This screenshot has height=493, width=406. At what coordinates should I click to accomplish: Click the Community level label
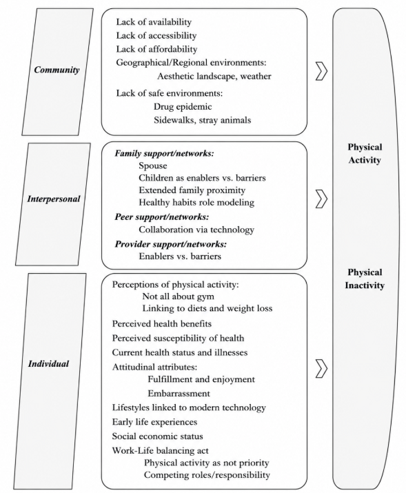[x=57, y=70]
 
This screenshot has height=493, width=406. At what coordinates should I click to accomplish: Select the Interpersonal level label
[x=54, y=199]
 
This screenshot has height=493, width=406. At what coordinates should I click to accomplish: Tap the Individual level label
[x=49, y=364]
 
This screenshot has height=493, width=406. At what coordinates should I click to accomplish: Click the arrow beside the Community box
[x=321, y=72]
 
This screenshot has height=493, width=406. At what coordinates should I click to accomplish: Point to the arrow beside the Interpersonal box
[x=321, y=199]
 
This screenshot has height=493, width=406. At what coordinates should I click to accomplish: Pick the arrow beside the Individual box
[x=321, y=368]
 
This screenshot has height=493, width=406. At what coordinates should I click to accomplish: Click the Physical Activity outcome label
[x=365, y=154]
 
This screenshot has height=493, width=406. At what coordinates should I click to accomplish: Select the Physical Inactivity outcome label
[x=365, y=279]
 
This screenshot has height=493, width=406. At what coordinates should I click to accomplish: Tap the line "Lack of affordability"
[x=156, y=49]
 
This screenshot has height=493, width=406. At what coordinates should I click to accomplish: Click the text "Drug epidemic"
[x=183, y=107]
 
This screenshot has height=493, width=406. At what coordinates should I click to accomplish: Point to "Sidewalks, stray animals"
[x=203, y=120]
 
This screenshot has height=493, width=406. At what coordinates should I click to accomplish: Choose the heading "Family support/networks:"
[x=164, y=154]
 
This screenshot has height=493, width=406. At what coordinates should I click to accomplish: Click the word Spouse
[x=153, y=165]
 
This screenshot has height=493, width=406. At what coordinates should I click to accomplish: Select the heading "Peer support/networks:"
[x=162, y=217]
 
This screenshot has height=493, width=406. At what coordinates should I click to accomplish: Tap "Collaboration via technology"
[x=196, y=230]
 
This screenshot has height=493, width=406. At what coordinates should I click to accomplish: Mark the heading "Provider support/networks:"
[x=171, y=244]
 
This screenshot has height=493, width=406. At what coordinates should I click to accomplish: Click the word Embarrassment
[x=179, y=393]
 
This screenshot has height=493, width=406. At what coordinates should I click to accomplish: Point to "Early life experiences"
[x=154, y=422]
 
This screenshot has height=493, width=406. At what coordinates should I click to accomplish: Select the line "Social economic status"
[x=157, y=436]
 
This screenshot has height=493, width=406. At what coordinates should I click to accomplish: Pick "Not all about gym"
[x=178, y=296]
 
